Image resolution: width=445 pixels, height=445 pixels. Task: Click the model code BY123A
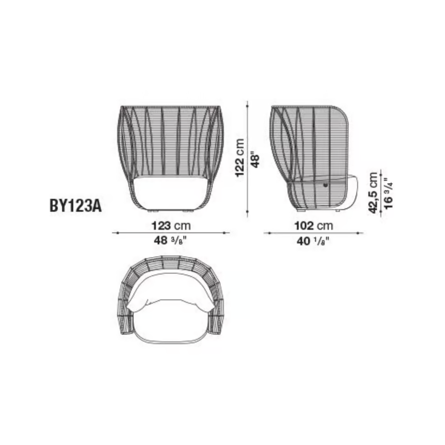76,206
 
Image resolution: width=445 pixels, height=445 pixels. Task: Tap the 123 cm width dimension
171,226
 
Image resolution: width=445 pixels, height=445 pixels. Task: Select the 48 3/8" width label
170,241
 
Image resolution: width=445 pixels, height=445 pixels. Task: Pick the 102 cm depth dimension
314,226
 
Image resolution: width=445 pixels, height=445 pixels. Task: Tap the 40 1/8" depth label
313,241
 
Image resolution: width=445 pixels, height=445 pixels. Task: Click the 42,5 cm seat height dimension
373,193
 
